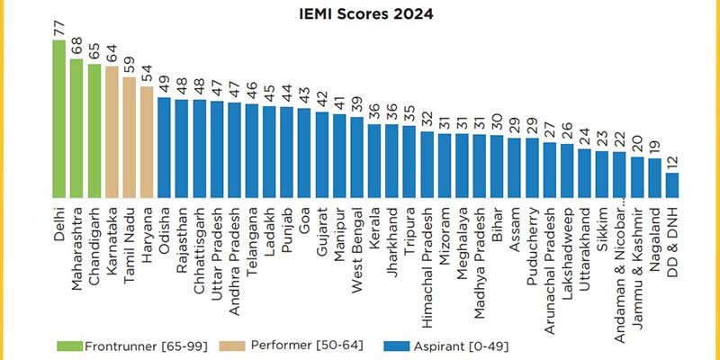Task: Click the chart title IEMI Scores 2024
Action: pos(361,14)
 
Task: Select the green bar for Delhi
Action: pos(58,118)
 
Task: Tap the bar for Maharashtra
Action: pos(76,127)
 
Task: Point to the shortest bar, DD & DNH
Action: pos(671,184)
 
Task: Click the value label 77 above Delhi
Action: pos(59,29)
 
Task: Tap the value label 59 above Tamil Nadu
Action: pos(130,66)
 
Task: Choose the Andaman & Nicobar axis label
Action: pos(619,270)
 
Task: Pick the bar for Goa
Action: pos(304,153)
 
